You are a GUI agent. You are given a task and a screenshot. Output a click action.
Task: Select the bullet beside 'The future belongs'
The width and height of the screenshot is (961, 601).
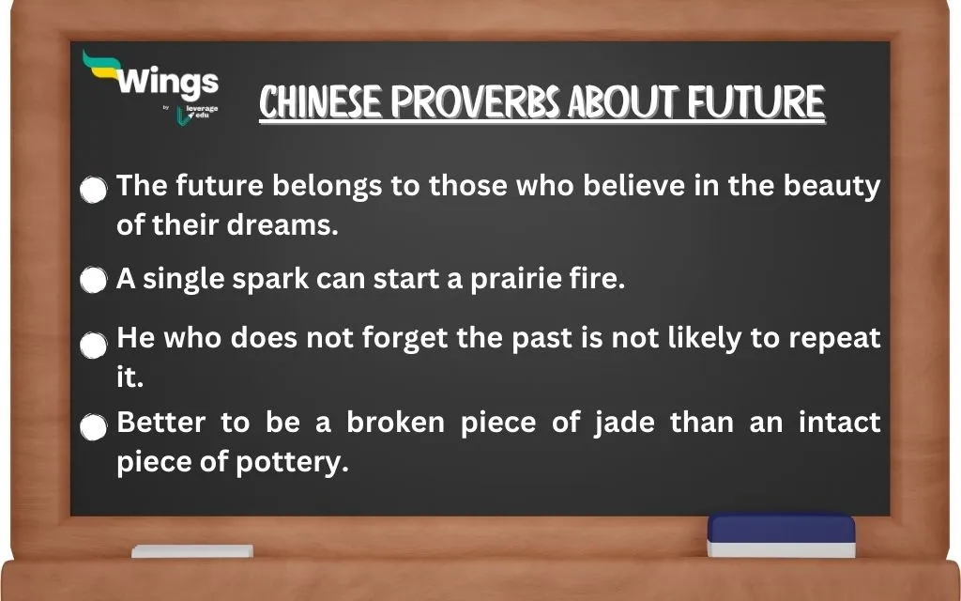(93, 191)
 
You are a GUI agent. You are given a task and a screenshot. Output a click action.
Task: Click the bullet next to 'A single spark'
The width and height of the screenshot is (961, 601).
(93, 281)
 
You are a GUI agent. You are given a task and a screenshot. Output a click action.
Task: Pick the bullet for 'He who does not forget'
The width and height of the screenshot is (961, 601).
(93, 344)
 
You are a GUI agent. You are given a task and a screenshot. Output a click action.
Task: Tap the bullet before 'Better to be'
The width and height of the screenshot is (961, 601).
(93, 428)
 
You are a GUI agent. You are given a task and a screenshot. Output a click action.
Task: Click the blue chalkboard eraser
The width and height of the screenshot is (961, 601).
(781, 534)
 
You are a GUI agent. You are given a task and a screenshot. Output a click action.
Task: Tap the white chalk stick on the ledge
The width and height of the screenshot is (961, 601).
(191, 551)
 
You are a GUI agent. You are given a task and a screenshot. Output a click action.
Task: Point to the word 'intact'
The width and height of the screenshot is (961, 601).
(839, 423)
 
